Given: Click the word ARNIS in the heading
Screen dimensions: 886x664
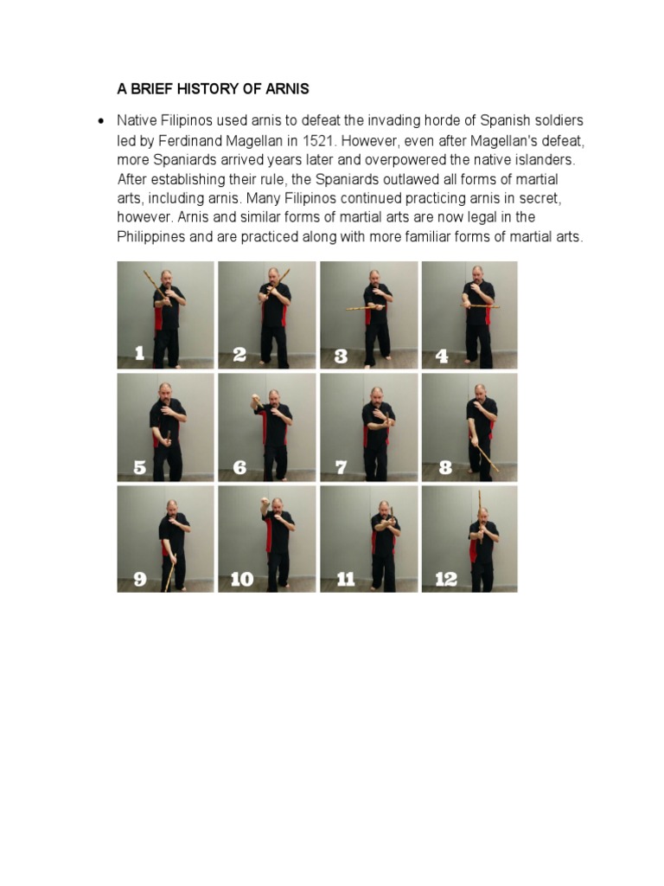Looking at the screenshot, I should (x=286, y=89).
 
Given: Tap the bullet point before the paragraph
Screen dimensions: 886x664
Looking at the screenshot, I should (x=101, y=120).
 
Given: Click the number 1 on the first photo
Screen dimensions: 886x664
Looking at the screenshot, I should (x=139, y=353).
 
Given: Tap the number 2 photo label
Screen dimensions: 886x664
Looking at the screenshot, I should (x=239, y=354).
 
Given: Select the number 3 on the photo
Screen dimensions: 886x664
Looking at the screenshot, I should (x=341, y=355).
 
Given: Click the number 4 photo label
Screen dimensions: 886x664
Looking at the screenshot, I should (x=442, y=355).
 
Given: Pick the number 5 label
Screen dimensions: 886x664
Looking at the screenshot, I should (x=139, y=467).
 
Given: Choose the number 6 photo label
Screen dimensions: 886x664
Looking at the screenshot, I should (x=239, y=467).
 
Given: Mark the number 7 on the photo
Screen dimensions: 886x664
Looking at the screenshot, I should (x=341, y=467).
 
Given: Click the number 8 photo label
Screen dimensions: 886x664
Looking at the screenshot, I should (x=445, y=467).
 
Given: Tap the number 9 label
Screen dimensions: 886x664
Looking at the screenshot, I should (x=140, y=580).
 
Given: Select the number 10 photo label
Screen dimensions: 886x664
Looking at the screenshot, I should (x=242, y=580).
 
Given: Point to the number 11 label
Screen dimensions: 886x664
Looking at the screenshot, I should (x=345, y=580).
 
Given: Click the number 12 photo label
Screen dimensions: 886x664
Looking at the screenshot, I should (x=446, y=580).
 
